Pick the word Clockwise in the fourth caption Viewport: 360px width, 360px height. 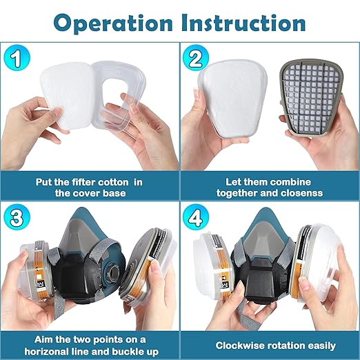[242, 345]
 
